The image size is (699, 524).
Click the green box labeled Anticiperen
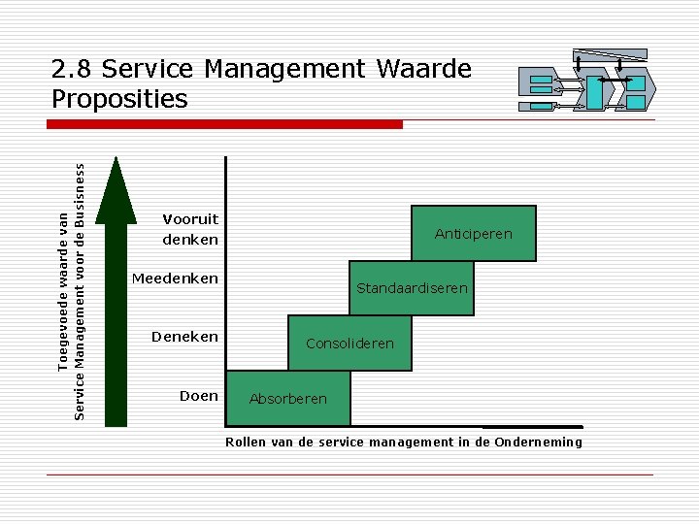pyautogui.click(x=474, y=234)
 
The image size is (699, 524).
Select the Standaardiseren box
pyautogui.click(x=412, y=288)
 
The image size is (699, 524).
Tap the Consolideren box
pyautogui.click(x=349, y=344)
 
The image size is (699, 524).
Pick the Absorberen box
pyautogui.click(x=287, y=399)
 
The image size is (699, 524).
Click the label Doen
pyautogui.click(x=198, y=395)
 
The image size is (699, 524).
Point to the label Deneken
pyautogui.click(x=184, y=337)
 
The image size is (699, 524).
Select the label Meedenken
pyautogui.click(x=175, y=279)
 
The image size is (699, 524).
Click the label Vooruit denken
pyautogui.click(x=190, y=229)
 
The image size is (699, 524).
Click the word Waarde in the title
pyautogui.click(x=420, y=70)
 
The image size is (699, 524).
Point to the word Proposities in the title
pyautogui.click(x=119, y=99)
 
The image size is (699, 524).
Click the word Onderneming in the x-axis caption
pyautogui.click(x=538, y=442)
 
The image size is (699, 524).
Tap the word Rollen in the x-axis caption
pyautogui.click(x=246, y=442)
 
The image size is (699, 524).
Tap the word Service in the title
pyautogui.click(x=145, y=70)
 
